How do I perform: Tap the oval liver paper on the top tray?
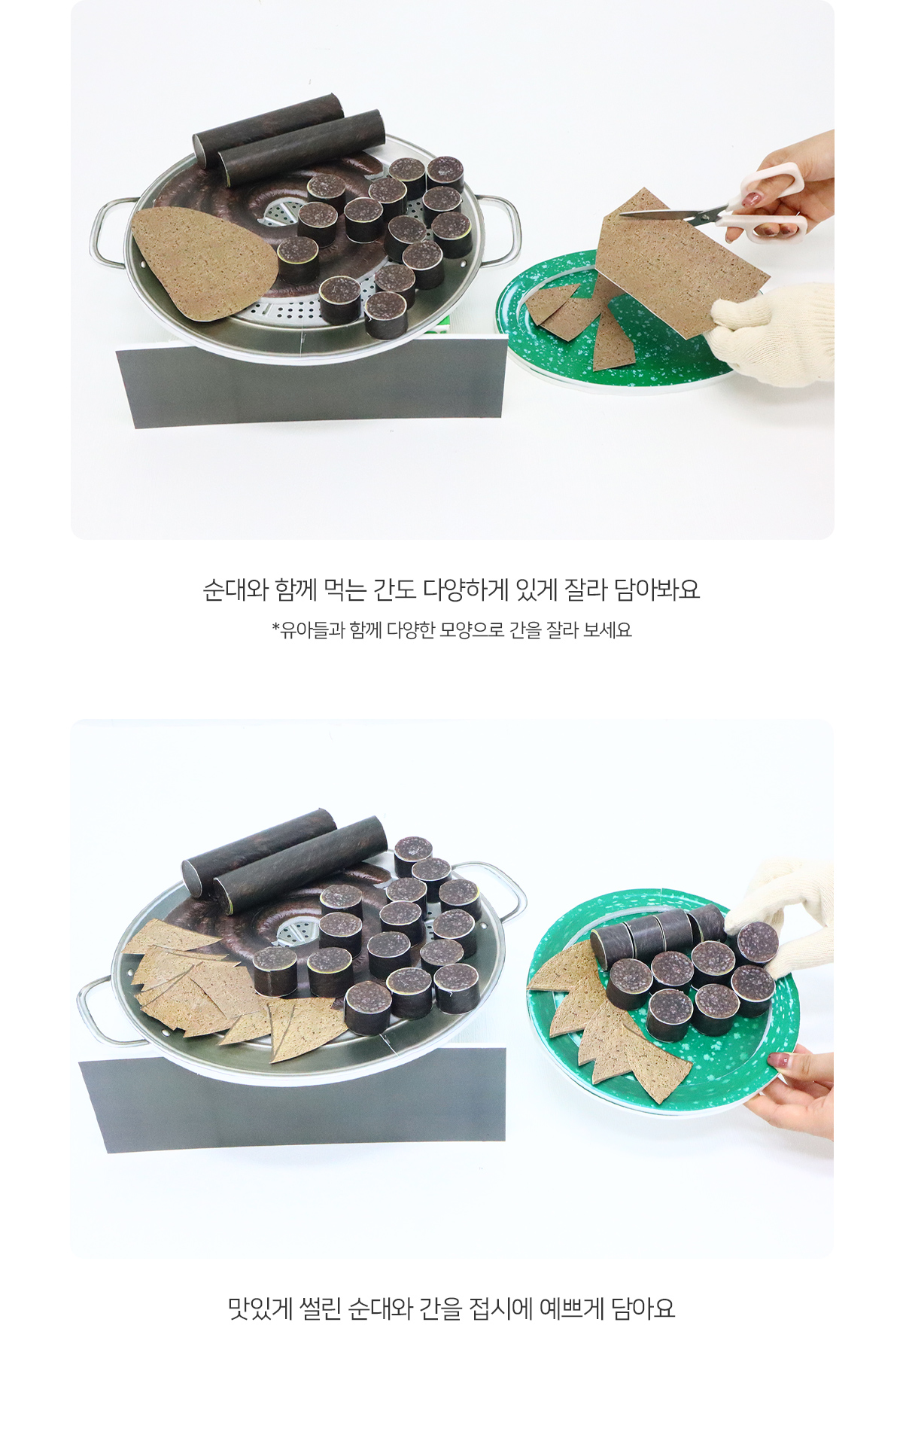coord(203,260)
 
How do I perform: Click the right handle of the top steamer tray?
coord(500,229)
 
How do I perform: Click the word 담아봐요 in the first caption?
coord(657,590)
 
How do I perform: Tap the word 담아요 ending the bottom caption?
coord(643,1309)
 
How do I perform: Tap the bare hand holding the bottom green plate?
coord(794,1090)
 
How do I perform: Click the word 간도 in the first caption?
coord(395,590)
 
